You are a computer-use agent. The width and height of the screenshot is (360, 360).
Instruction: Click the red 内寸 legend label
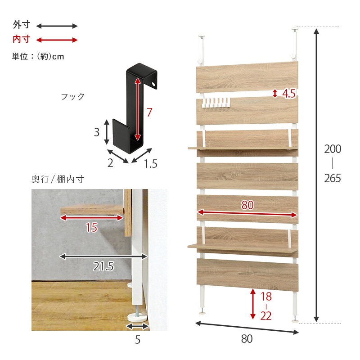click(x=21, y=39)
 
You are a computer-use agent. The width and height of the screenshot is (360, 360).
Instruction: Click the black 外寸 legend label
click(x=21, y=25)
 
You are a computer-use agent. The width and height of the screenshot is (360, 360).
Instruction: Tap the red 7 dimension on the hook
click(x=149, y=112)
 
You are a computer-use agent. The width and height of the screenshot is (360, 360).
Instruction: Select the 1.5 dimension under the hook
click(x=151, y=164)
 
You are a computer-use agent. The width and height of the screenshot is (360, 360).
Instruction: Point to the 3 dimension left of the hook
click(x=97, y=132)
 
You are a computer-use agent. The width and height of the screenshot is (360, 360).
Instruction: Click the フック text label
click(x=73, y=96)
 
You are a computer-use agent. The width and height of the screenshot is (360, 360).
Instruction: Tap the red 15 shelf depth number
click(x=92, y=228)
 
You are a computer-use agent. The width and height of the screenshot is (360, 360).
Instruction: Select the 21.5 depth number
click(x=103, y=266)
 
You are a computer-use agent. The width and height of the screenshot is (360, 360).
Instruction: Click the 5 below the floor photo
click(x=138, y=340)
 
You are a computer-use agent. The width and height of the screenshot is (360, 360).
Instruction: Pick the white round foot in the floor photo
click(x=137, y=318)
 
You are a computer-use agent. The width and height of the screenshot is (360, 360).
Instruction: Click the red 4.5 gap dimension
click(x=289, y=94)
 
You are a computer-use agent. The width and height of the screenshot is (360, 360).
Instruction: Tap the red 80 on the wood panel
click(x=247, y=205)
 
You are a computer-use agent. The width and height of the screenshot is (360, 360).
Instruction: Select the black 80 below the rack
click(x=247, y=339)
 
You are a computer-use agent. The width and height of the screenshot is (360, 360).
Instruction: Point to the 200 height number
click(x=333, y=149)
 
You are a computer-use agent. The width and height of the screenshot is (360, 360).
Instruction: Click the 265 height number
click(x=333, y=178)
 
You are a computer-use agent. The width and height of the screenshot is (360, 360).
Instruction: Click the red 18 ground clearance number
click(x=266, y=297)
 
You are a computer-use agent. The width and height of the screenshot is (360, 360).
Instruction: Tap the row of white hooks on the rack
click(x=216, y=103)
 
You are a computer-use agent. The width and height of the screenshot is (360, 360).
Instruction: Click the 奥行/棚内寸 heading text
click(x=58, y=179)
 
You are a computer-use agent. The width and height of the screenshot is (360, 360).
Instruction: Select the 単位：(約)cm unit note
click(x=38, y=56)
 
